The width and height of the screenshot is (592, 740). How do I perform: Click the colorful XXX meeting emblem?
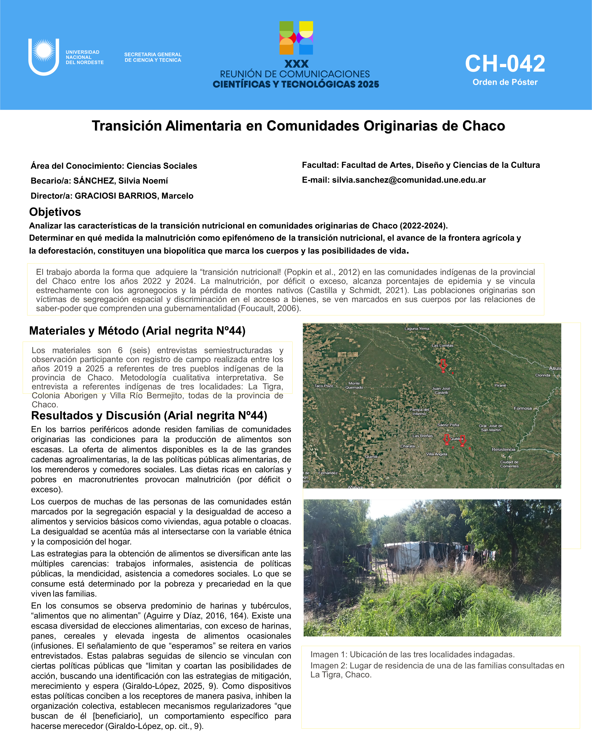[296, 38]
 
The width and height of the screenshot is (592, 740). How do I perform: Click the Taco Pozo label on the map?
[324, 386]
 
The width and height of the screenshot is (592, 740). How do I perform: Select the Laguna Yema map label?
[417, 328]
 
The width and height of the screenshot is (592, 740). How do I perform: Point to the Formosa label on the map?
[522, 408]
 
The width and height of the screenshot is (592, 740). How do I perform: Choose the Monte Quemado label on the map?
[354, 385]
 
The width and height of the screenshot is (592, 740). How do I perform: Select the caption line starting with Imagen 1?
[412, 654]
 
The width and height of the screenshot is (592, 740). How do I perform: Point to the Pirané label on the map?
[500, 385]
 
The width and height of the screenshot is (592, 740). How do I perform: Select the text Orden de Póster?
[505, 82]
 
